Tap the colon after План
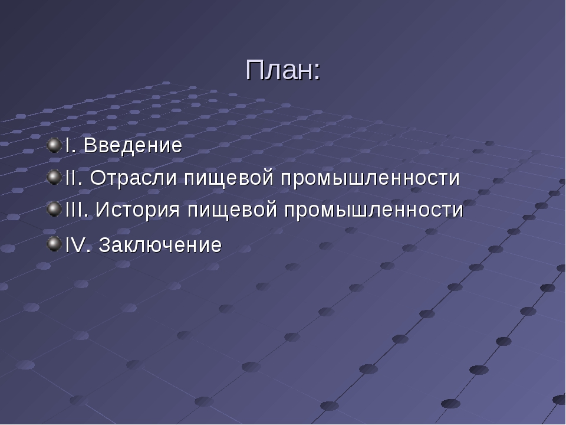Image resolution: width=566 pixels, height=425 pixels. point(317,72)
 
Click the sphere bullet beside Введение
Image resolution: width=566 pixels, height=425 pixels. point(54,145)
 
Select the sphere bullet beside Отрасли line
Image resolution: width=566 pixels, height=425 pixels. point(54,177)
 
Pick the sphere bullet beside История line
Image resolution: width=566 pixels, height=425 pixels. point(54,209)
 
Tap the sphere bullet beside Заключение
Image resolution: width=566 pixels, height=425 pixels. point(54,244)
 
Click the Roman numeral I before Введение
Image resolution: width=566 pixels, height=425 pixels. point(67,145)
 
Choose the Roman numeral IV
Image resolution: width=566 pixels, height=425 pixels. point(76,244)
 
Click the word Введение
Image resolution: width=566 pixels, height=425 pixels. point(133,145)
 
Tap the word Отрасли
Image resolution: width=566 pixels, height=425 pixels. point(133,178)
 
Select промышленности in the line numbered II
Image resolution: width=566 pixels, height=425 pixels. point(370,178)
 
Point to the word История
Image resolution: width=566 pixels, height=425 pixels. point(137,210)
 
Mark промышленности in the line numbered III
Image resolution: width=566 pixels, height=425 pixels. point(374,210)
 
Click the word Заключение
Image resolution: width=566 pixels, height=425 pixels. point(160,244)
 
